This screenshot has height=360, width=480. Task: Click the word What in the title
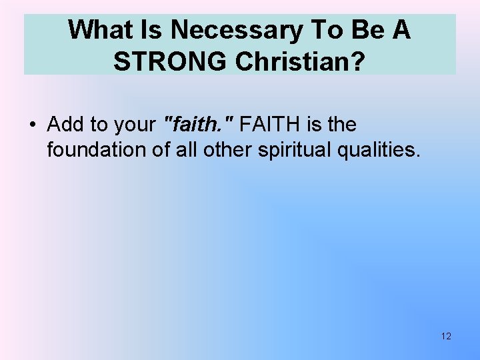pos(95,30)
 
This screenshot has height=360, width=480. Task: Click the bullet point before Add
pos(32,125)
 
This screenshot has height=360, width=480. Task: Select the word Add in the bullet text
pos(64,125)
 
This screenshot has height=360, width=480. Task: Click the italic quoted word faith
pos(198,125)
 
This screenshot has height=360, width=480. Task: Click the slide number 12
pos(446,336)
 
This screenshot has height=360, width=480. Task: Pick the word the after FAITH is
pos(341,125)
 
